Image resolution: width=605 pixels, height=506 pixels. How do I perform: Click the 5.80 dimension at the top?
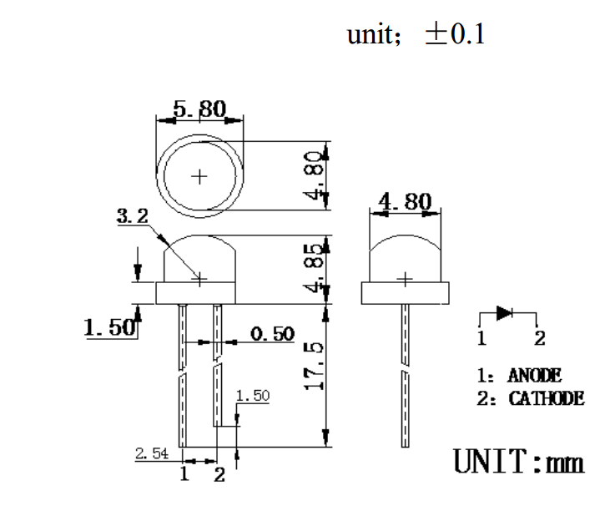199,109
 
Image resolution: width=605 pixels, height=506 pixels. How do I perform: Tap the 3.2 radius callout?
132,216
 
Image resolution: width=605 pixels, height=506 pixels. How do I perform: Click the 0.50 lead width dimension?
273,334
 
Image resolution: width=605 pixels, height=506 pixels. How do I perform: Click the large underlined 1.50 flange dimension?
109,327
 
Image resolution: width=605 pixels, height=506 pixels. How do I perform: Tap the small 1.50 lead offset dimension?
253,396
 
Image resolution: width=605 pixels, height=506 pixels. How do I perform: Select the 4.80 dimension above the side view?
405,203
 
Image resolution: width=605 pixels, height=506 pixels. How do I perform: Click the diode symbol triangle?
505,313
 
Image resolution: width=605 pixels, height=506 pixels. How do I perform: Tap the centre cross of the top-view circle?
199,176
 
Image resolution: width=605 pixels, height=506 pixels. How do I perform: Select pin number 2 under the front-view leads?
219,475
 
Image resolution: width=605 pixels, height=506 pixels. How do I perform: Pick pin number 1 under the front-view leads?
184,475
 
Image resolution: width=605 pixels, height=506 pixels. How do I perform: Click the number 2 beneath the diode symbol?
539,339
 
